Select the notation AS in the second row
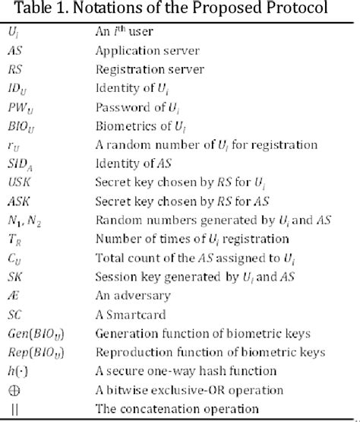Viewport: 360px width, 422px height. point(16,52)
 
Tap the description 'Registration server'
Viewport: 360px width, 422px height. point(140,69)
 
